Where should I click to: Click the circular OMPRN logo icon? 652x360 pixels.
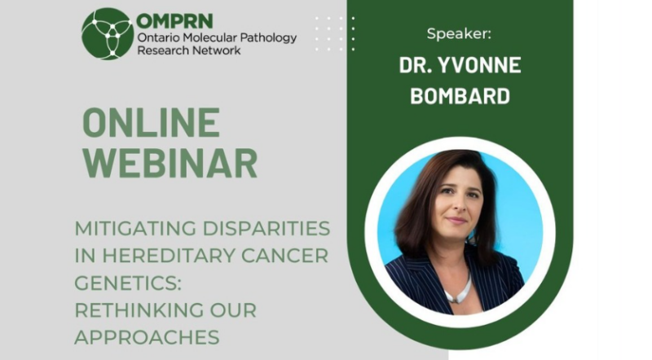107,33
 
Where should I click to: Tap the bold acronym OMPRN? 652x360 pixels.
175,20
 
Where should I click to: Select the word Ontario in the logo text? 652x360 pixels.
161,37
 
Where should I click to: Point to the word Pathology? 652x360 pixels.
267,37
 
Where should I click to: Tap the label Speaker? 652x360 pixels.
460,33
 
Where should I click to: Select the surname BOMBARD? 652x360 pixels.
460,96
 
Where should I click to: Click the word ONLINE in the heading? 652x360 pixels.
152,123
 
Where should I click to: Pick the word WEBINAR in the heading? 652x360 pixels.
170,163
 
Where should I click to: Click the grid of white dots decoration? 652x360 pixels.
335,33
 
